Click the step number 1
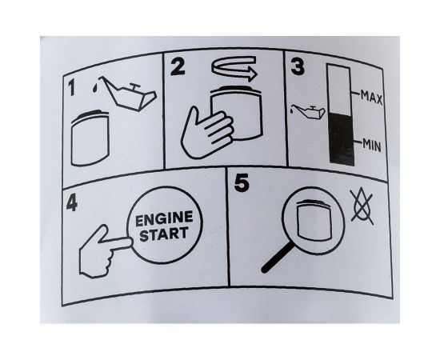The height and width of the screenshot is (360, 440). pos(72,87)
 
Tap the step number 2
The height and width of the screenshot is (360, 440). pos(178,67)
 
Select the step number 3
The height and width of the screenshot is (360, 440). pos(298,67)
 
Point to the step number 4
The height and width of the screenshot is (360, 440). pos(72,203)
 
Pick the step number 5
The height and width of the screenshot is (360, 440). pos(242,183)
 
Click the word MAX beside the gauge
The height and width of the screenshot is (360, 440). pos(371,97)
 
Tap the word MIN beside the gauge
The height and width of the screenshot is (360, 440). pos(372,145)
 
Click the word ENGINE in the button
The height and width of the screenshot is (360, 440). pos(164,219)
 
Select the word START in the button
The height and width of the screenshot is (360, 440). pos(164,234)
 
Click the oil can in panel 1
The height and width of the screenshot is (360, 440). pos(128,94)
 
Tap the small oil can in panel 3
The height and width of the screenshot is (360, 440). pos(308,112)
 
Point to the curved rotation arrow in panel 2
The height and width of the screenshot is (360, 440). pos(234,69)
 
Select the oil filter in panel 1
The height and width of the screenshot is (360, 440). pos(90,138)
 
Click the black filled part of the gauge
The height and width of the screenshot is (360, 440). pos(342,138)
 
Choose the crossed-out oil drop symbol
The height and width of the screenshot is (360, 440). pos(362,206)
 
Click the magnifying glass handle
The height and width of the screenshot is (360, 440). pos(278,258)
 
